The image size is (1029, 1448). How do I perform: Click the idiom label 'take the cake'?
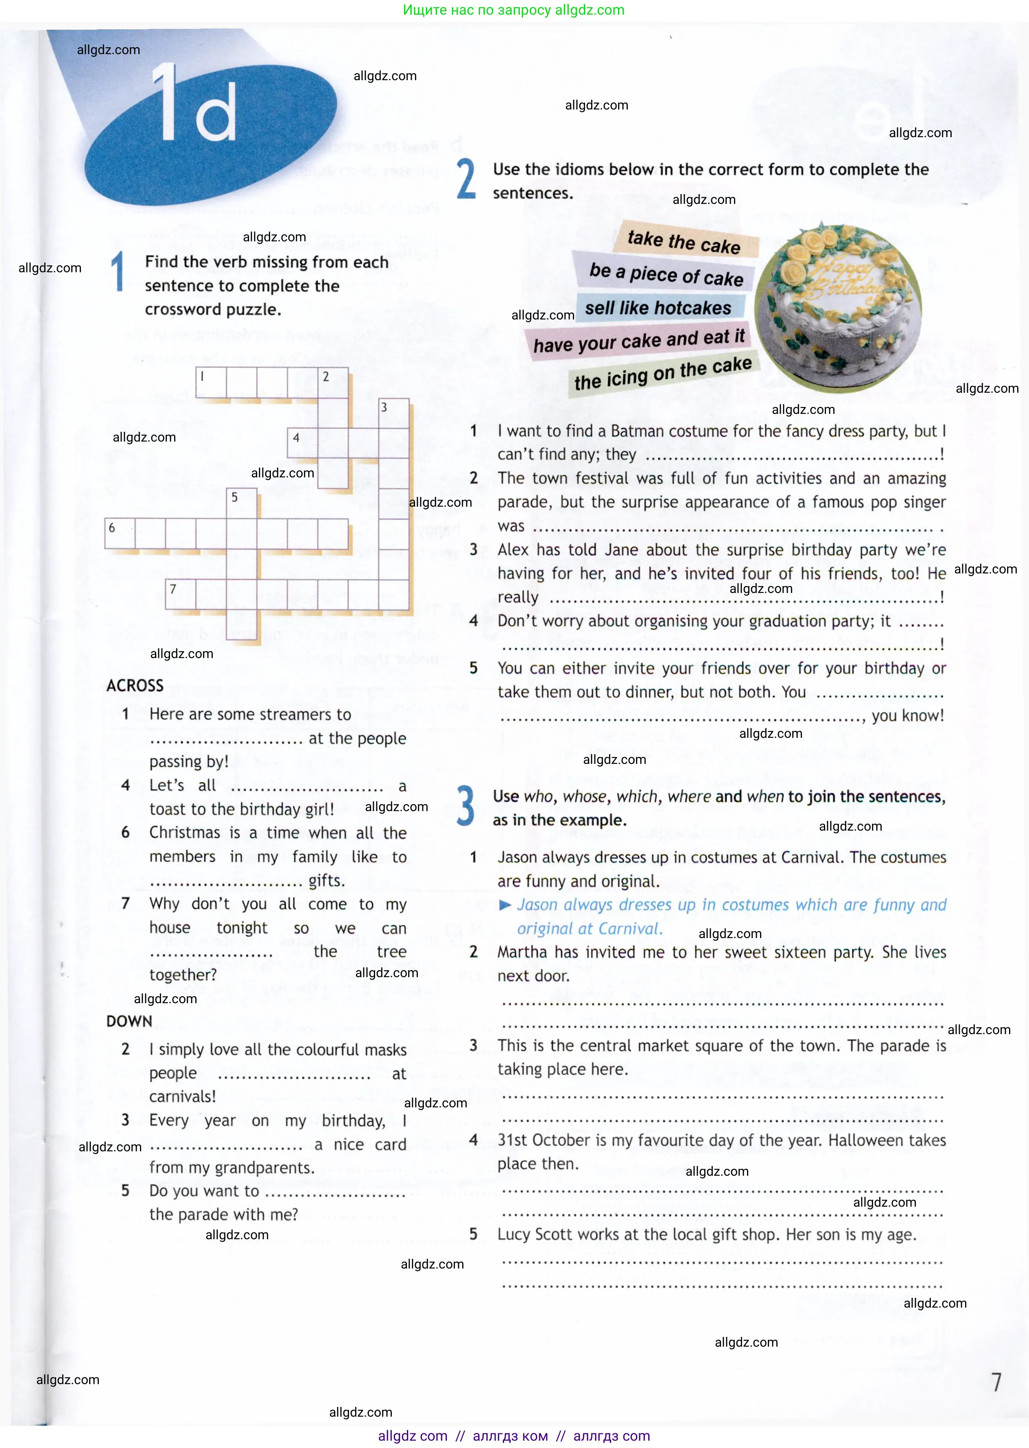[x=684, y=241]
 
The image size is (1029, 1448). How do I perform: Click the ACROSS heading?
[x=135, y=686]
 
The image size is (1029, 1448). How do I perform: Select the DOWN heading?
[x=129, y=1021]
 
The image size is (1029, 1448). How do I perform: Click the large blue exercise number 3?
[x=466, y=806]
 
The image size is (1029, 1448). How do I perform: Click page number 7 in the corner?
[x=996, y=1382]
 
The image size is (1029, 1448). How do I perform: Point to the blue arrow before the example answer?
[x=505, y=905]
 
